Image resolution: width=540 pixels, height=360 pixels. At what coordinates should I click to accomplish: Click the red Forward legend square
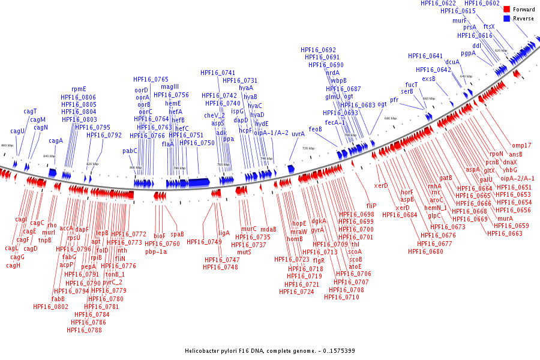click(x=507, y=9)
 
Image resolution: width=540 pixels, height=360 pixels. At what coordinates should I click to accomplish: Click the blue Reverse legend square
click(x=507, y=19)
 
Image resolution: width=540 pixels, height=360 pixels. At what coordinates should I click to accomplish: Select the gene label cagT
click(x=30, y=111)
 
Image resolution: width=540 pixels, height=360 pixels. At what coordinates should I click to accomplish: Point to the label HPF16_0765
click(x=151, y=79)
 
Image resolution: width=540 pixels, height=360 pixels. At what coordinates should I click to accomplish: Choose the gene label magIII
click(x=170, y=87)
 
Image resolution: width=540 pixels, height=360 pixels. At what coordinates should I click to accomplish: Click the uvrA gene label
click(x=298, y=134)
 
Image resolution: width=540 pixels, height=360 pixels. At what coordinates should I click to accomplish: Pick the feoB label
click(x=316, y=129)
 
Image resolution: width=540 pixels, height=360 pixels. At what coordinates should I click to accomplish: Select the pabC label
click(x=130, y=151)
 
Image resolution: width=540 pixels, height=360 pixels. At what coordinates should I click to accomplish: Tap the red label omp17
click(x=521, y=145)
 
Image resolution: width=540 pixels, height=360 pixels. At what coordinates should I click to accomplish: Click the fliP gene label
click(x=371, y=206)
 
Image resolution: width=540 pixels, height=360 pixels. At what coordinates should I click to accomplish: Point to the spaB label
click(x=177, y=234)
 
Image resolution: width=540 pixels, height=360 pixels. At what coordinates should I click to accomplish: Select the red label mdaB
click(x=268, y=229)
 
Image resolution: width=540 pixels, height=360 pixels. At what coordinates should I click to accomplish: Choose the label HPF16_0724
click(x=296, y=292)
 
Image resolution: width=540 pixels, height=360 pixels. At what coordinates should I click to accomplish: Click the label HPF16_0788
click(x=84, y=329)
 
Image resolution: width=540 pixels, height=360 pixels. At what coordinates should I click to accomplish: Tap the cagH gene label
click(x=13, y=265)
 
